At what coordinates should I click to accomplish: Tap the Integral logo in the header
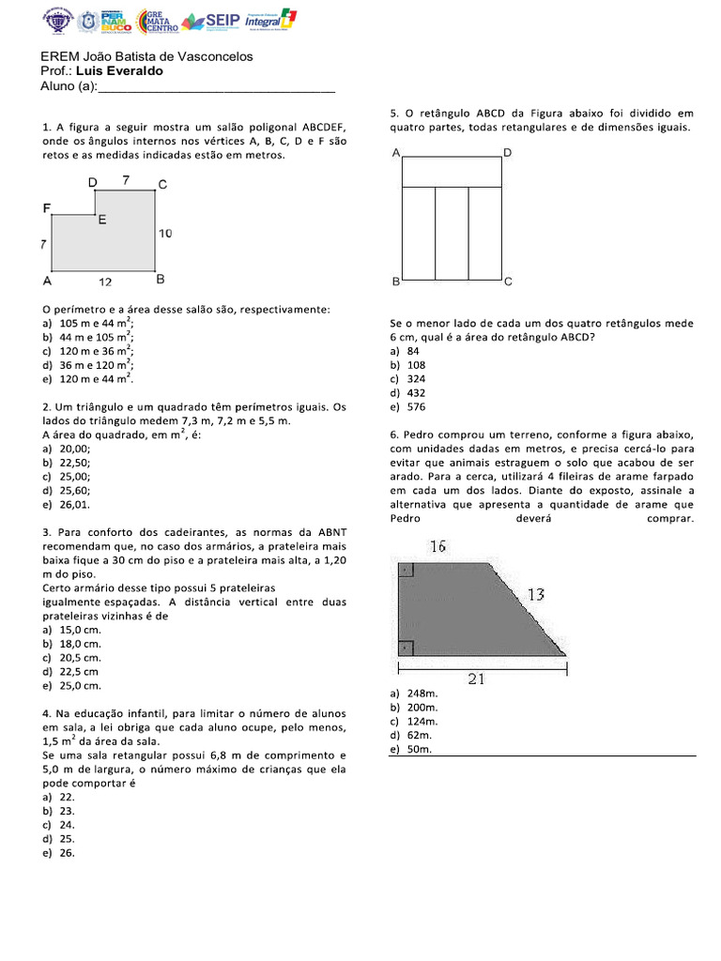click(x=269, y=21)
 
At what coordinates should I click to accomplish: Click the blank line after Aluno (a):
click(x=216, y=87)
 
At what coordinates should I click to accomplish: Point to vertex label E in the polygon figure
click(x=101, y=221)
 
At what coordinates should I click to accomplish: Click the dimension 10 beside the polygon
click(x=165, y=234)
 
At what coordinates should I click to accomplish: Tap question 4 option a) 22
click(x=66, y=796)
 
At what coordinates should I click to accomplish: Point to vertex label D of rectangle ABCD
click(x=507, y=152)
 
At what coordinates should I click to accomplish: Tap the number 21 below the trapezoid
click(x=476, y=679)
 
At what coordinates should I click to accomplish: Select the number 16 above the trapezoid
click(x=437, y=546)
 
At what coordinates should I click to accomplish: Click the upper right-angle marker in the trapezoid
click(x=405, y=569)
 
